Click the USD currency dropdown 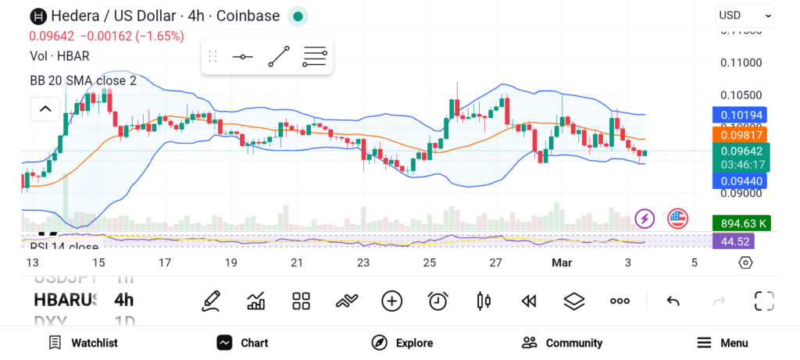(x=745, y=15)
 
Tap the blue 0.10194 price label (x=742, y=115)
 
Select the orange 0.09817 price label (x=742, y=134)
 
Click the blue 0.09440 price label (x=742, y=181)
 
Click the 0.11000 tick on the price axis (x=741, y=62)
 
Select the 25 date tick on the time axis (x=429, y=262)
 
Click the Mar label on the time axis (x=562, y=262)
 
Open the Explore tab (x=402, y=343)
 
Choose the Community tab (x=562, y=343)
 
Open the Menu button (x=723, y=343)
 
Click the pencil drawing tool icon (x=210, y=301)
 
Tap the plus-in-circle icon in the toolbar (x=391, y=301)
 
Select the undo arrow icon (x=673, y=301)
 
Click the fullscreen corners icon (x=763, y=301)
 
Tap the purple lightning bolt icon (x=645, y=219)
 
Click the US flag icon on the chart (x=677, y=219)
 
